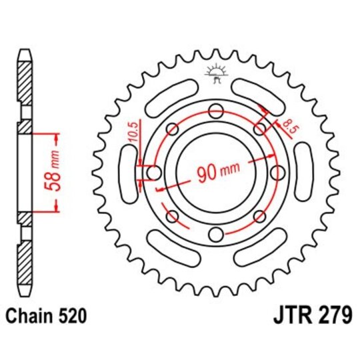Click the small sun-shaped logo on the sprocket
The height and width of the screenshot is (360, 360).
(x=215, y=71)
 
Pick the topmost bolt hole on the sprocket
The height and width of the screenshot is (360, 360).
(x=215, y=111)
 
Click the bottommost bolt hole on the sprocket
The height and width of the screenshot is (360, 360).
(x=215, y=234)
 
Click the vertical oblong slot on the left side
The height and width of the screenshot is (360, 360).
(x=127, y=173)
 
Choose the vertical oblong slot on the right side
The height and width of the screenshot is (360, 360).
(x=303, y=173)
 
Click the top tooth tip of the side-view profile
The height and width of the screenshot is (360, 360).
(x=24, y=53)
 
